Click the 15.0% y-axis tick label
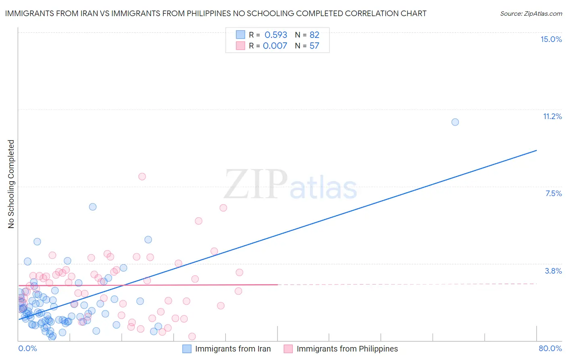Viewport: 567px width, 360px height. (x=551, y=39)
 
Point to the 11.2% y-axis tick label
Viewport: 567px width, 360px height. (x=552, y=116)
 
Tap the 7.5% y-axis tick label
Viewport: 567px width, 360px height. (x=553, y=193)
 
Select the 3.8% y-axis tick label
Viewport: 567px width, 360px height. (x=553, y=271)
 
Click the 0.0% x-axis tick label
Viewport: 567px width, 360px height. (x=27, y=348)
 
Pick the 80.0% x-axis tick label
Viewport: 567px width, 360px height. (x=550, y=348)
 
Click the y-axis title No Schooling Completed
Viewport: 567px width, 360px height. (x=11, y=184)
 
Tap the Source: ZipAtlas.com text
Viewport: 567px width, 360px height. (x=531, y=13)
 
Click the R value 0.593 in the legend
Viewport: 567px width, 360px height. (x=276, y=35)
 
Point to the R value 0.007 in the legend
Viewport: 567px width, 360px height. (x=275, y=46)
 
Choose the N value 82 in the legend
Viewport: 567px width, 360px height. (x=314, y=35)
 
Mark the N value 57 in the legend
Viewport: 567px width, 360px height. (x=314, y=46)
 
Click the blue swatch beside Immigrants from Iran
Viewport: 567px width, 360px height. (x=187, y=349)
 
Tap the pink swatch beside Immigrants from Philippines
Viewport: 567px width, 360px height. (x=288, y=349)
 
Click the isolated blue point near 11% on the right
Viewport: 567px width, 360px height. (x=455, y=122)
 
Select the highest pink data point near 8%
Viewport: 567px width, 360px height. (x=142, y=176)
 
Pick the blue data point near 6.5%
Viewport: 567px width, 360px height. (x=93, y=207)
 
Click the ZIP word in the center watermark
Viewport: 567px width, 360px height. (x=256, y=185)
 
